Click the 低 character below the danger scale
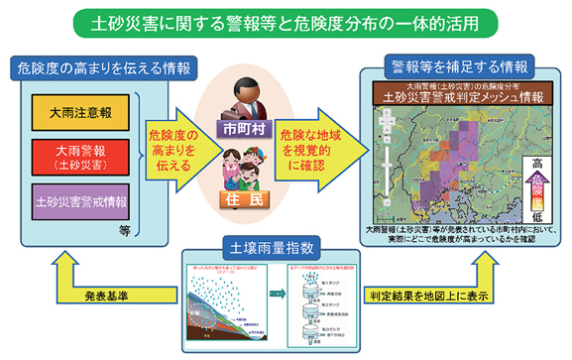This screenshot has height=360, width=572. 535,215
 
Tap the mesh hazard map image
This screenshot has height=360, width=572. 451,163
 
